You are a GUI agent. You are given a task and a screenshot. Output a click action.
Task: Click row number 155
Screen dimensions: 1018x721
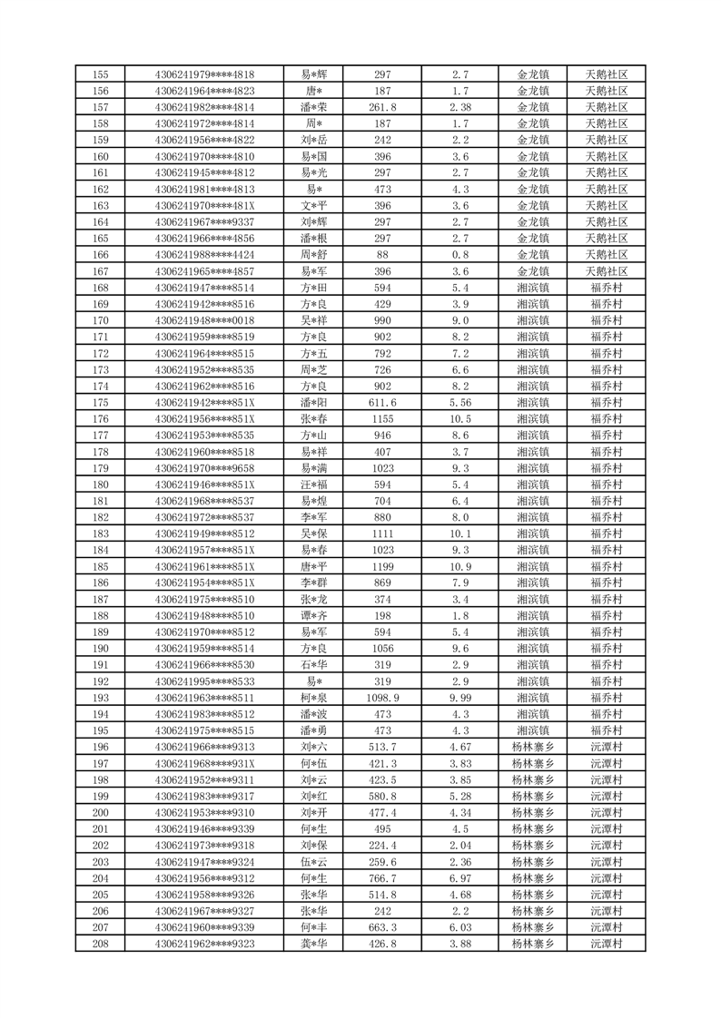101,74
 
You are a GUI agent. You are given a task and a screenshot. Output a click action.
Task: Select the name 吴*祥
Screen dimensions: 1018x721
315,320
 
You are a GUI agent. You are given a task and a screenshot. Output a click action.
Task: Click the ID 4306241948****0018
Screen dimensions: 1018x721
205,320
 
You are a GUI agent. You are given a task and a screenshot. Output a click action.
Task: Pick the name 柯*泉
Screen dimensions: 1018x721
315,698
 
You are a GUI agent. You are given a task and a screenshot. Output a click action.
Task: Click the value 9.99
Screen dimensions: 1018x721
460,698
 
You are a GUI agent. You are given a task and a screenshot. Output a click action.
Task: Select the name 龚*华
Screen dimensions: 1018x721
315,944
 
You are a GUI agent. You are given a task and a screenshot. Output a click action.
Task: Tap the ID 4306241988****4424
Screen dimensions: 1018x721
205,255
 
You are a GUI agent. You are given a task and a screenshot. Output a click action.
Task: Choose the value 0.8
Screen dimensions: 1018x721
460,255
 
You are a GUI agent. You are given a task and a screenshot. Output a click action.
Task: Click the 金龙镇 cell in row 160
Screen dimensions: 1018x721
533,156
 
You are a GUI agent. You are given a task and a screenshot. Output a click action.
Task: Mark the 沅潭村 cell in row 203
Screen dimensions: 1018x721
607,862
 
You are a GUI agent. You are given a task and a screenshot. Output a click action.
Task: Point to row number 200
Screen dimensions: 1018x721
101,813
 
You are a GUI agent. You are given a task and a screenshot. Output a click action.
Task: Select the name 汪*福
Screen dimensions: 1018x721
315,485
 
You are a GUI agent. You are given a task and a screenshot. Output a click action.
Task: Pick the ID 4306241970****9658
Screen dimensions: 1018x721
205,468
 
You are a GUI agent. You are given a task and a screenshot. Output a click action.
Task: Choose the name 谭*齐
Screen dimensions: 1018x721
315,616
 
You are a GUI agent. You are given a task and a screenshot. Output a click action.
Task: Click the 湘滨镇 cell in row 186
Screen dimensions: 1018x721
533,582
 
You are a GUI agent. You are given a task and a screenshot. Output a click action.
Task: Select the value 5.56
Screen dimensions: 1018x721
460,402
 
